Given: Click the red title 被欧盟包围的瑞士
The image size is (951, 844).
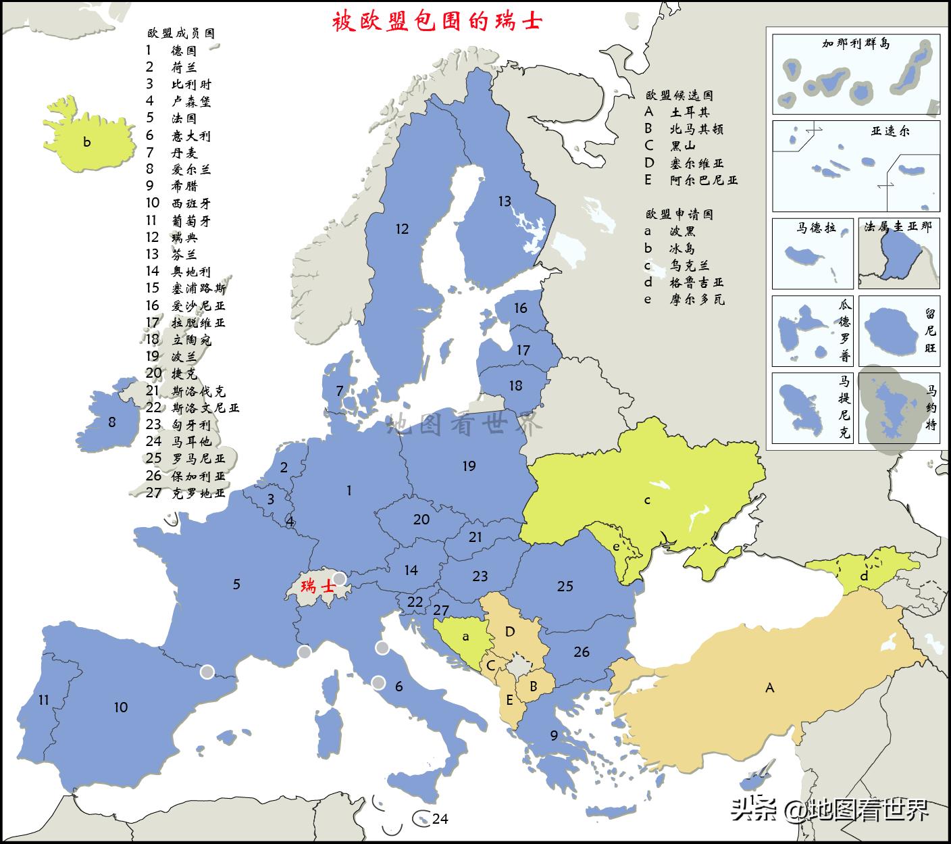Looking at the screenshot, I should click(x=437, y=21).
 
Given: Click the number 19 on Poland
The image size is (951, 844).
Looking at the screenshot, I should click(x=469, y=466).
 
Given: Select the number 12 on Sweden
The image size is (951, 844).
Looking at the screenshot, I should click(x=402, y=229).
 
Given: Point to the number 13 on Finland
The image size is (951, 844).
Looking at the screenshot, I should click(x=505, y=201).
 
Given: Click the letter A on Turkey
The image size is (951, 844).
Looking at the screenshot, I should click(x=769, y=688).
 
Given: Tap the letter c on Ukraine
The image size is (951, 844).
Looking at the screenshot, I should click(x=647, y=501).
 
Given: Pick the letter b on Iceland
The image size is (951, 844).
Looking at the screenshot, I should click(x=86, y=142).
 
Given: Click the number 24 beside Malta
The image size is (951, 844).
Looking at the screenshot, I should click(x=440, y=819).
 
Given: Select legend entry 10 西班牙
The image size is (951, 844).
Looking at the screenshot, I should click(x=178, y=203).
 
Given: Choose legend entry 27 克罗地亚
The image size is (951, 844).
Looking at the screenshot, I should click(x=186, y=493).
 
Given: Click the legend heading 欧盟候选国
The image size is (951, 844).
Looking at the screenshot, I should click(x=679, y=95).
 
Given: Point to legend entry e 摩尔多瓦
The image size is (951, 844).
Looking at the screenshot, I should click(x=684, y=299).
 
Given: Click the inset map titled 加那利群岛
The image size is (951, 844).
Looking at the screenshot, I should click(x=855, y=74).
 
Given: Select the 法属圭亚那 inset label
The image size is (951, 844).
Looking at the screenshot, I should click(x=898, y=228).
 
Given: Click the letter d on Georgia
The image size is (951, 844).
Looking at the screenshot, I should click(x=864, y=576).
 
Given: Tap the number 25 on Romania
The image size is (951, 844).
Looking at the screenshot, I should click(x=565, y=586).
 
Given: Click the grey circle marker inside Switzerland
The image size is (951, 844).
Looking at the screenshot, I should click(x=340, y=578).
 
